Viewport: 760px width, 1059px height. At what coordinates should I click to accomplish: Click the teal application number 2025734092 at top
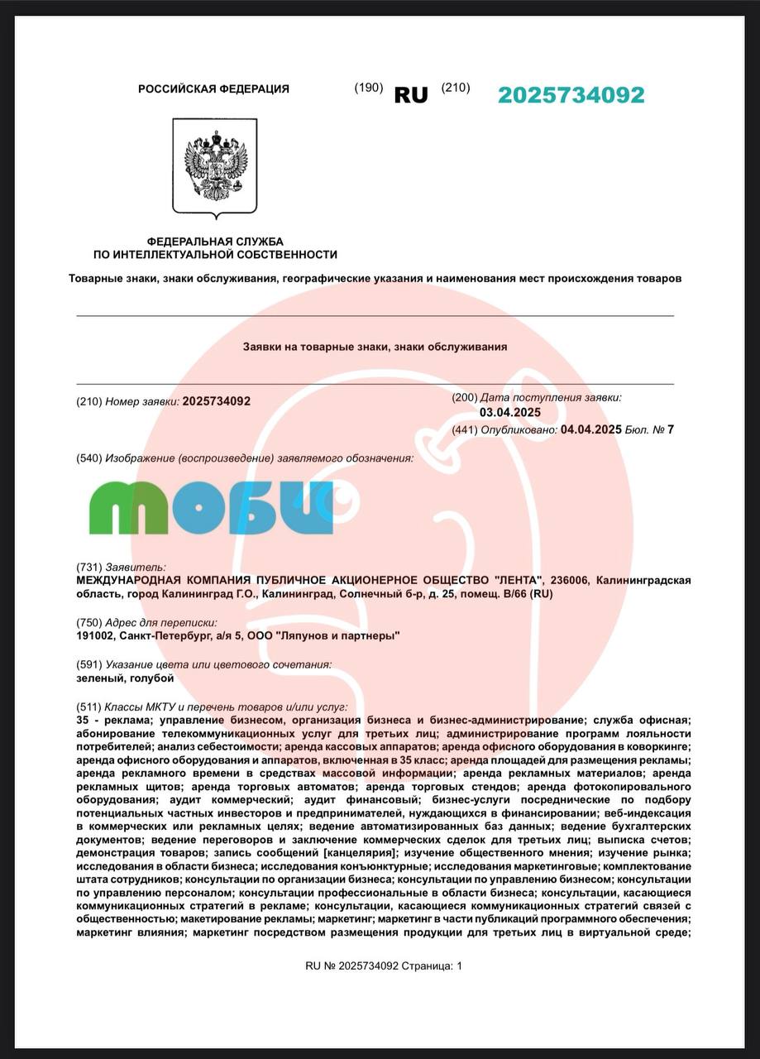pyautogui.click(x=571, y=95)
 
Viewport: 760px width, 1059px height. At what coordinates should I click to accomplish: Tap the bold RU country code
pyautogui.click(x=411, y=95)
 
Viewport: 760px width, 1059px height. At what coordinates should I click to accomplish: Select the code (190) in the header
pyautogui.click(x=368, y=88)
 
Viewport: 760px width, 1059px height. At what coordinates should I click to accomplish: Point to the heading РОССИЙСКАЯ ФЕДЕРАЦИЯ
pyautogui.click(x=213, y=89)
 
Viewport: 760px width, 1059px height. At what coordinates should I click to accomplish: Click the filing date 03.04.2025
pyautogui.click(x=510, y=413)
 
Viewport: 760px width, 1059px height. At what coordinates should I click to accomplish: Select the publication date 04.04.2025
pyautogui.click(x=590, y=429)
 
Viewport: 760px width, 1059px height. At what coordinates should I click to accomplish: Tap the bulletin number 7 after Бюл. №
pyautogui.click(x=671, y=429)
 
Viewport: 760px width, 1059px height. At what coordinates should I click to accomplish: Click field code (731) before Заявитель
pyautogui.click(x=88, y=568)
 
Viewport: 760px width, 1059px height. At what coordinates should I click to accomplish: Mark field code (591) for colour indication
pyautogui.click(x=88, y=664)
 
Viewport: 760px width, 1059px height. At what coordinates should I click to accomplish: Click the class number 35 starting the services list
pyautogui.click(x=82, y=721)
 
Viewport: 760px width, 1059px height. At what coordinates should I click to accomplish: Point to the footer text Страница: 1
pyautogui.click(x=432, y=966)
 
